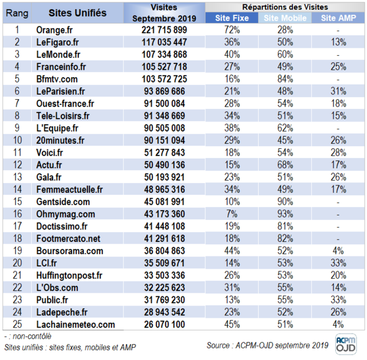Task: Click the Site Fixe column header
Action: pos(232,18)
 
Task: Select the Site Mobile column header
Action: pos(285,18)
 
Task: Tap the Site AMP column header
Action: pos(338,18)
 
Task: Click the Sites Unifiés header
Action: pos(78,13)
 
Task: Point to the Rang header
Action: pos(17,13)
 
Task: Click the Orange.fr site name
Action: pos(54,30)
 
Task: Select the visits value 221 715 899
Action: pos(164,30)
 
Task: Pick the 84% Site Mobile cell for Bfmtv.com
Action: pos(285,79)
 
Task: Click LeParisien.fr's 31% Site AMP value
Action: pos(338,91)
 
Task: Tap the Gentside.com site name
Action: pos(63,201)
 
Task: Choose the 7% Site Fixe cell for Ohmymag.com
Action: pos(232,214)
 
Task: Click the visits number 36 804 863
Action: pos(165,250)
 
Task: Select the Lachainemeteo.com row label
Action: pos(76,324)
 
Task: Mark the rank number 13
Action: pos(17,177)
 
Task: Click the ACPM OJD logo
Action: pos(346,344)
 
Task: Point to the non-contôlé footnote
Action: pos(28,336)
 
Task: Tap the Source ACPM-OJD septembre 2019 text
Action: pos(267,345)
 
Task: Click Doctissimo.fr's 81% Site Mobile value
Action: pos(285,227)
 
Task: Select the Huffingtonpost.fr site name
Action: pos(69,276)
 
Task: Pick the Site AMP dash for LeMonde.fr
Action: pos(338,55)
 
